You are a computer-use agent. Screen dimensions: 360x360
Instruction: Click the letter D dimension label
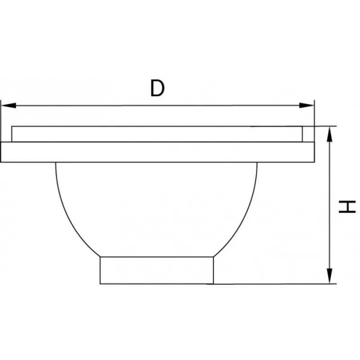(x=157, y=88)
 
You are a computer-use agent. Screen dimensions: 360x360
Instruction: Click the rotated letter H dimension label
(x=347, y=207)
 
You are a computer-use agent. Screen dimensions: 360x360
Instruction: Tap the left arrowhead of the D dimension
(x=9, y=105)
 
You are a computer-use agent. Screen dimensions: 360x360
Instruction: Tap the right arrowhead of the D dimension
(x=306, y=105)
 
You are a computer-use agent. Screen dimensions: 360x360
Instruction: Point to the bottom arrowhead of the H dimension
(x=329, y=276)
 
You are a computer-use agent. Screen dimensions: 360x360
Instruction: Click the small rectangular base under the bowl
(x=157, y=270)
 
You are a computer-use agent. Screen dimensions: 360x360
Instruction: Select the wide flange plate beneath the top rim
(x=157, y=152)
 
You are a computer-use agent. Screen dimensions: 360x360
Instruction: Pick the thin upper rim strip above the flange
(x=157, y=134)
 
